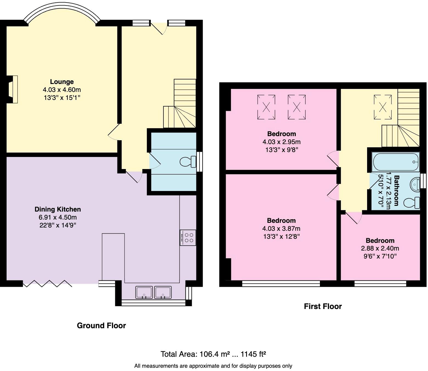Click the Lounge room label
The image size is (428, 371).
(62, 82)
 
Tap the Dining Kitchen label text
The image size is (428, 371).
(58, 209)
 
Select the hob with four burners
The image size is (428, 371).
(188, 238)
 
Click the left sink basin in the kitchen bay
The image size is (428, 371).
(144, 292)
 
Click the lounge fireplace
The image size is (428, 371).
(13, 89)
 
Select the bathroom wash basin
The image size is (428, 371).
(415, 184)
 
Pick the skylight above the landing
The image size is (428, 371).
(382, 107)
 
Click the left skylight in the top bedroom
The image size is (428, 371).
(266, 107)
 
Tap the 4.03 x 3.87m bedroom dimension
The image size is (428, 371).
(281, 229)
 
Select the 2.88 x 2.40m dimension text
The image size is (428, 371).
(380, 249)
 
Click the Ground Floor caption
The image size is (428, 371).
(101, 325)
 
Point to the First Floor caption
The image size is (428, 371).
(323, 307)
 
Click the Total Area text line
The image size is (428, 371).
(213, 354)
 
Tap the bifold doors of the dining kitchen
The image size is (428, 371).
(47, 284)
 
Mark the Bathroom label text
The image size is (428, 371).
(396, 190)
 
